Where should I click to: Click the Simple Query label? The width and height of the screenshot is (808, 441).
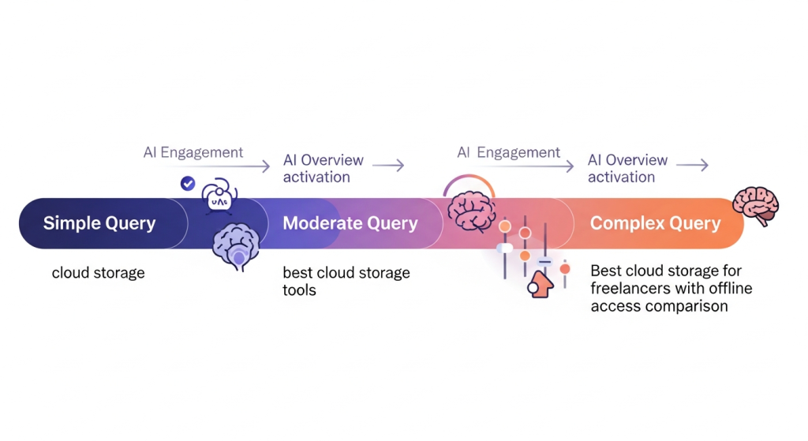(x=99, y=223)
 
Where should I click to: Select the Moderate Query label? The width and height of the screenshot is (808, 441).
(x=350, y=223)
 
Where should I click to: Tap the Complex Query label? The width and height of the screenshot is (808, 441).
(x=655, y=223)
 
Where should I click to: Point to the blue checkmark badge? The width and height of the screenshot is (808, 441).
(x=188, y=184)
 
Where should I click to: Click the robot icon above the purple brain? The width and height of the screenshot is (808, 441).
(x=217, y=197)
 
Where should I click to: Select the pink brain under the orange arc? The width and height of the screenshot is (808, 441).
(x=471, y=211)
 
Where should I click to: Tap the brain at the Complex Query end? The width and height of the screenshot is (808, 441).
(x=755, y=206)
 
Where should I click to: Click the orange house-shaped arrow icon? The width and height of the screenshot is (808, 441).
(x=541, y=284)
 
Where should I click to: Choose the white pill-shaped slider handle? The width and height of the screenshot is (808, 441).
(x=504, y=249)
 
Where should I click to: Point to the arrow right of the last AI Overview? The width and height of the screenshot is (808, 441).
(x=692, y=165)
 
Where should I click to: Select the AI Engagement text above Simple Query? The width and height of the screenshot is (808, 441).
(x=193, y=152)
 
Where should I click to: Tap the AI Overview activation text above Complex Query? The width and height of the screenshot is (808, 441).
(x=627, y=168)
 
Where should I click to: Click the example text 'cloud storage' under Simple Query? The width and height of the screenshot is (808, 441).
(x=98, y=273)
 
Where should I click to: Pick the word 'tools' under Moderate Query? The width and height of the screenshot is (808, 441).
(x=299, y=290)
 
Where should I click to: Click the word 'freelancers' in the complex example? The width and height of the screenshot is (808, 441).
(x=629, y=288)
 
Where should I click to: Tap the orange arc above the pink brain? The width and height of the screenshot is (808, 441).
(x=469, y=181)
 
